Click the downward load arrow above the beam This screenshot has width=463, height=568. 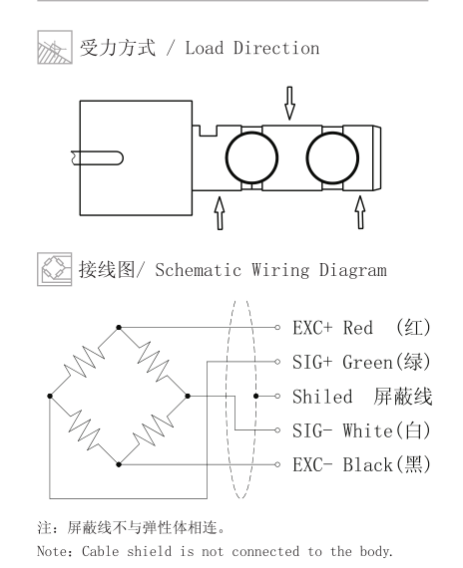[x=289, y=103]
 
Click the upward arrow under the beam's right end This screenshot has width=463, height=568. [x=360, y=212]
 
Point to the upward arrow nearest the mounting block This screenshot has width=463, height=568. [x=220, y=213]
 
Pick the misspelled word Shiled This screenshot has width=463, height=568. [x=322, y=397]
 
